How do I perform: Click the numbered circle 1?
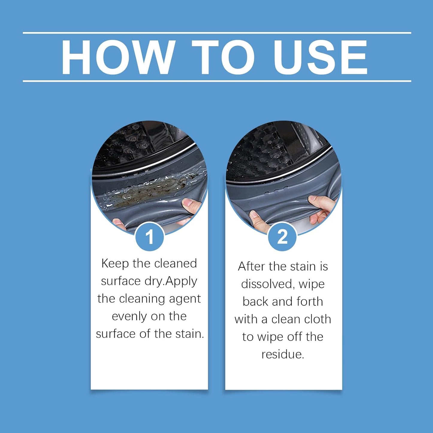click(150, 237)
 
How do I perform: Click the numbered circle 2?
click(282, 237)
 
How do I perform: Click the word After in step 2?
click(251, 267)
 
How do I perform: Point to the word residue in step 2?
click(283, 354)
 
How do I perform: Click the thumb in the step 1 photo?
click(191, 205)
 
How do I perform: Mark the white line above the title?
click(217, 33)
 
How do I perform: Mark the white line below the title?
click(217, 81)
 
